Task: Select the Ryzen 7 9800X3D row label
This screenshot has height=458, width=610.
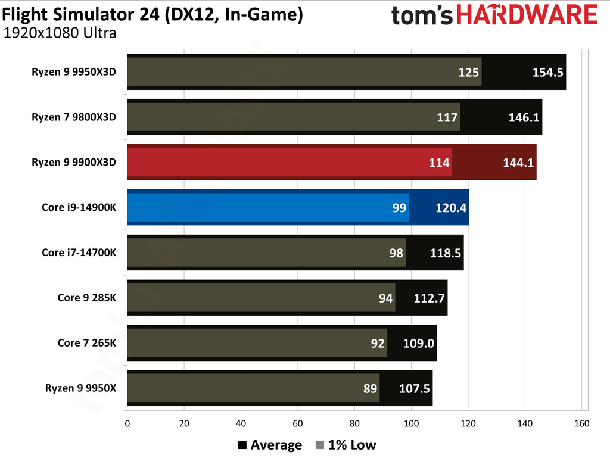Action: point(74,117)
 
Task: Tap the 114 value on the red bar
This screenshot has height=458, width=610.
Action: point(439,163)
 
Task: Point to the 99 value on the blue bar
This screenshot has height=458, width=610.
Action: point(399,208)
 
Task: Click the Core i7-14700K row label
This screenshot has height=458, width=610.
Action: point(79,253)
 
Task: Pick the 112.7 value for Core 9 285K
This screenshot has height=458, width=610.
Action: point(430,298)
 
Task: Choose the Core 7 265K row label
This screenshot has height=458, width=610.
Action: point(86,343)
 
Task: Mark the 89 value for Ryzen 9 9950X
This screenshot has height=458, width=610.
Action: point(370,389)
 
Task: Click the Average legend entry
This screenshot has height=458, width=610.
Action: point(270,445)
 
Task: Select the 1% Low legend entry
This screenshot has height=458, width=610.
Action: point(346,445)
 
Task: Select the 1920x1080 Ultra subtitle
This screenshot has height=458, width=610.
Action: point(60,33)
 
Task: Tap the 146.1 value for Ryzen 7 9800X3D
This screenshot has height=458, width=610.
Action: point(524,117)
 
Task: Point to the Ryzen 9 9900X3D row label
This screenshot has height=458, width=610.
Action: point(74,162)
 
